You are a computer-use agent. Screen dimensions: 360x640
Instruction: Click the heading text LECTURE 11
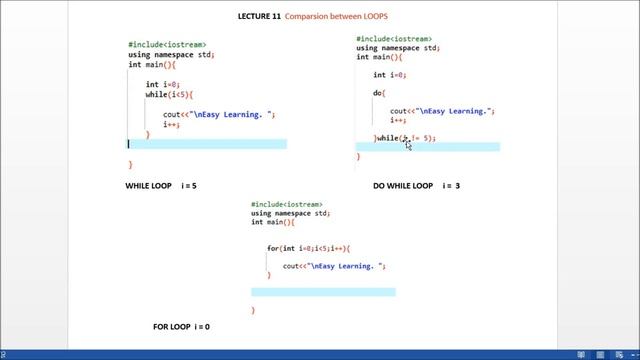(x=258, y=17)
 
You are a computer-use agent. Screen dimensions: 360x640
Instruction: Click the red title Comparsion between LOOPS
(x=334, y=17)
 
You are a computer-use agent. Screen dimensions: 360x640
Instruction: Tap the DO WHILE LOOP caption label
(x=403, y=186)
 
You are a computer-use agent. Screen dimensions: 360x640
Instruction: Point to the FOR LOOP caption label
(x=172, y=326)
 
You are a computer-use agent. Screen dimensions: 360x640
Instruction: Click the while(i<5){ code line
(x=167, y=94)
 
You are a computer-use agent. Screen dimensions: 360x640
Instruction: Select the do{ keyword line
(x=379, y=93)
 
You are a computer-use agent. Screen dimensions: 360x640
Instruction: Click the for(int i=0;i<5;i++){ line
(x=308, y=247)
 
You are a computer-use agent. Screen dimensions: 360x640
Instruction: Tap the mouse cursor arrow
(x=408, y=144)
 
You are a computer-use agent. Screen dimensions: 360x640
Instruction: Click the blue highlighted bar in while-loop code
(x=208, y=144)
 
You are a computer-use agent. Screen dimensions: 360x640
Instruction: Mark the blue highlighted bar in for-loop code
(x=323, y=292)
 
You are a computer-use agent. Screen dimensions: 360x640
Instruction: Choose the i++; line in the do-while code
(x=399, y=120)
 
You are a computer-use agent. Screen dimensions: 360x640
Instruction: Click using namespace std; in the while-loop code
(x=171, y=55)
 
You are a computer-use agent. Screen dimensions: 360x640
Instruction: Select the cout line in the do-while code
(x=442, y=111)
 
